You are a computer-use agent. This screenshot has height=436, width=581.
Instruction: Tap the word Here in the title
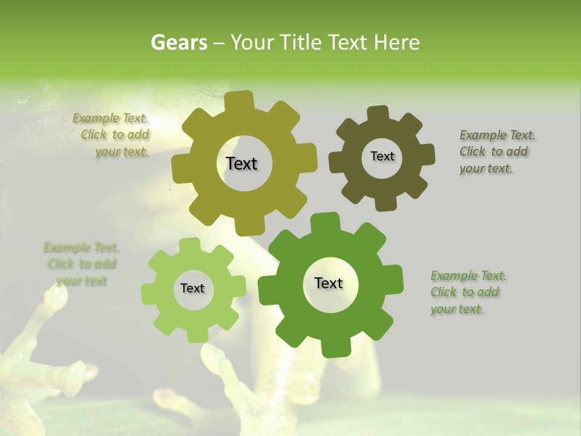(x=396, y=42)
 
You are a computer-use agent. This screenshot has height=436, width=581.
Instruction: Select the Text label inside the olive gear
(x=241, y=163)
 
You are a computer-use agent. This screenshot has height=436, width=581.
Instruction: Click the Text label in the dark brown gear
(x=382, y=156)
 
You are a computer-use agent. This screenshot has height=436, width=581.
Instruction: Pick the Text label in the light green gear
(x=192, y=288)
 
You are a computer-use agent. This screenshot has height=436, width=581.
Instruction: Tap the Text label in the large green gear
(x=329, y=283)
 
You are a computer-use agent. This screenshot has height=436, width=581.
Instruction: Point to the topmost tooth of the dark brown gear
(x=378, y=113)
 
